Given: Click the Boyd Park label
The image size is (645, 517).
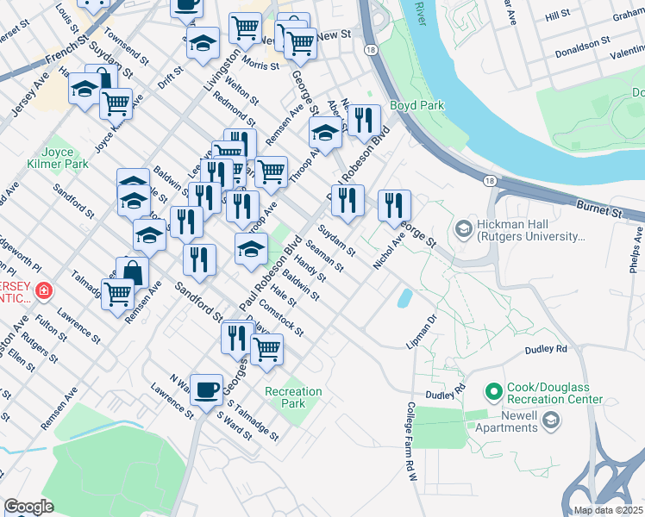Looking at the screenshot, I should (x=416, y=105).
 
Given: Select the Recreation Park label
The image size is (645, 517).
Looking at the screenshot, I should (x=293, y=397).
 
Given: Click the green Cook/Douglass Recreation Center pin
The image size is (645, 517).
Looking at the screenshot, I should (x=494, y=393).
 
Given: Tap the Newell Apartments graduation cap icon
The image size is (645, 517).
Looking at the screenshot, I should (x=552, y=420).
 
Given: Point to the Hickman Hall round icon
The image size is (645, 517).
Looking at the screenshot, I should (x=462, y=229).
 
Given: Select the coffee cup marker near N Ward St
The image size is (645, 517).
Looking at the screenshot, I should (x=206, y=389).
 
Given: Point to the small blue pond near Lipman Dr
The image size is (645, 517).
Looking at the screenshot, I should (x=404, y=298).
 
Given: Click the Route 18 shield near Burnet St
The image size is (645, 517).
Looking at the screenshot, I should (x=489, y=180).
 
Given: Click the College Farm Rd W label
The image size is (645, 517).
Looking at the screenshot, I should (x=411, y=435).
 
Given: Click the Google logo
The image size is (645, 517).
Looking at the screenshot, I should (x=28, y=507).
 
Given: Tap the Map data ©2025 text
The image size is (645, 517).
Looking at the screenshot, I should (x=607, y=510).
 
